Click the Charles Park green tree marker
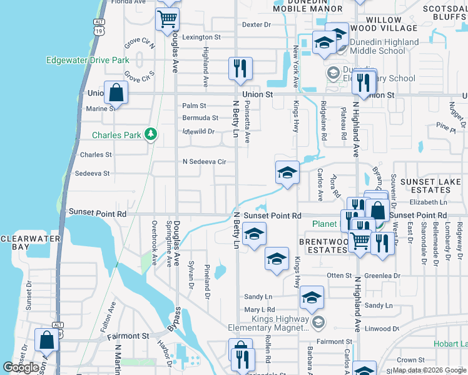point(150,134)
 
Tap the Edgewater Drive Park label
point(88,61)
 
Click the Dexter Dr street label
point(256,25)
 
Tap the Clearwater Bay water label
point(30,242)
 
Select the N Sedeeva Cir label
point(203,162)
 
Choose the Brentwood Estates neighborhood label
point(323,246)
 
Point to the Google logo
point(21,367)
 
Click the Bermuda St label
point(200,117)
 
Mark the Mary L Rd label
point(260,310)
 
